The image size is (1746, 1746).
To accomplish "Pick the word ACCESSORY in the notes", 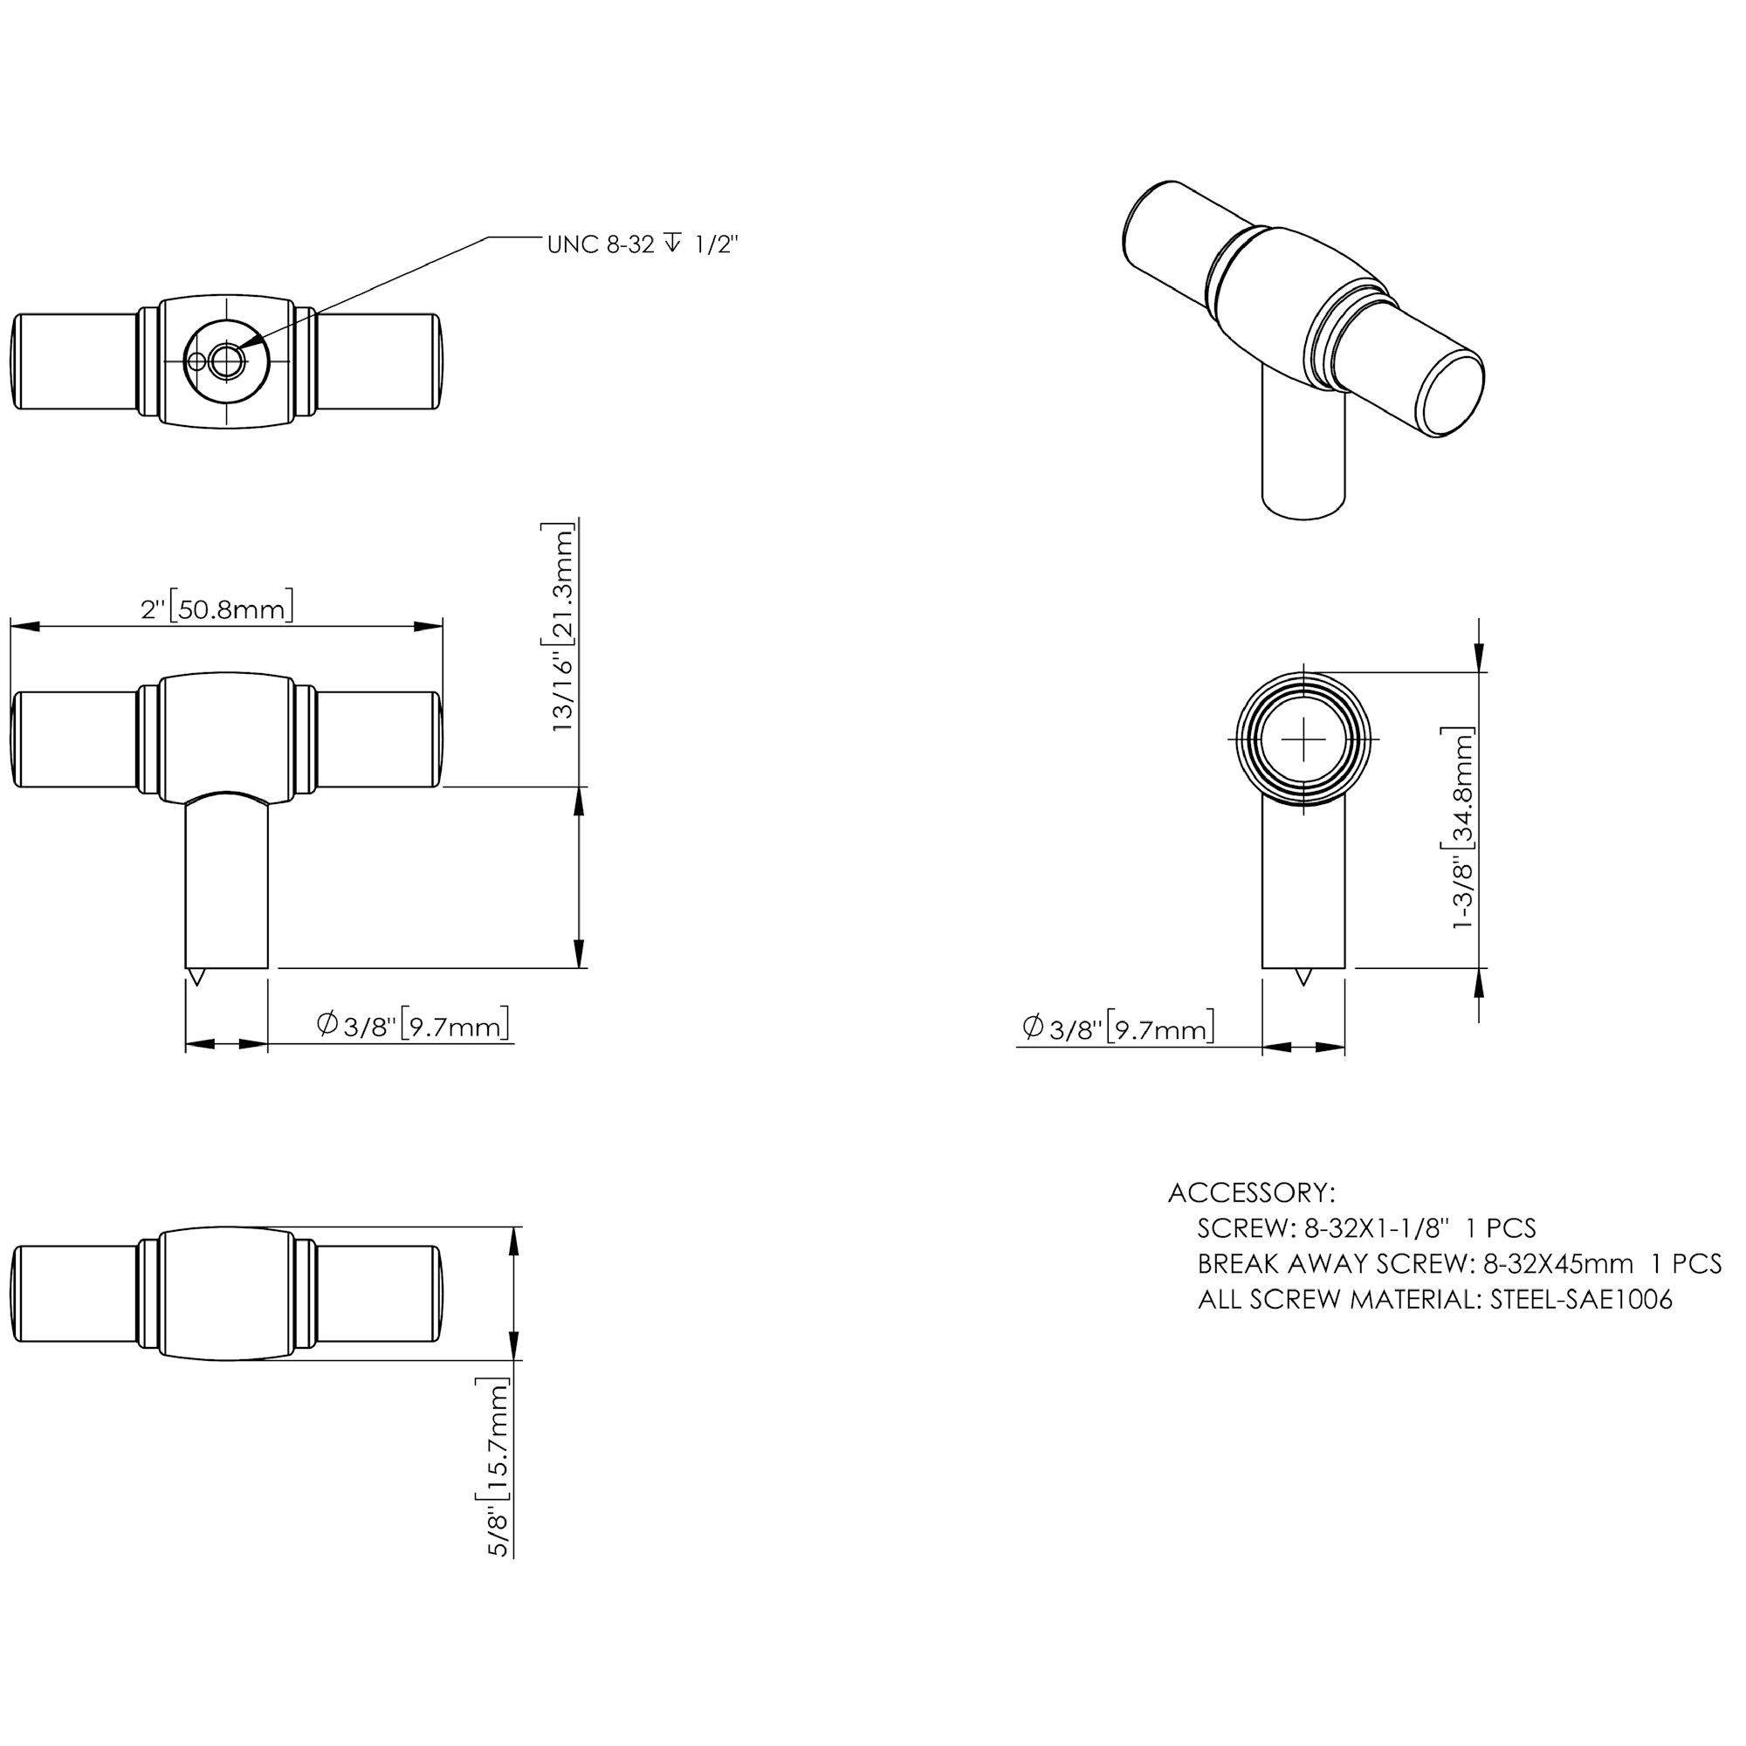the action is [x=1251, y=1193].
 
